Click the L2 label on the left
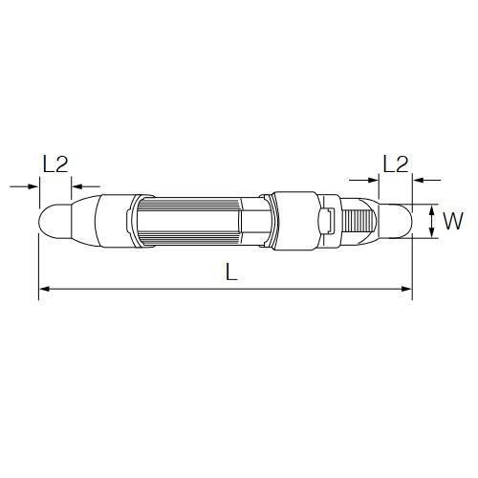pos(55,164)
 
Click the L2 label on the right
pos(396,164)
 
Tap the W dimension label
pos(453,221)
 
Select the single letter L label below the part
pos(231,272)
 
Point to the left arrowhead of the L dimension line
pos(44,289)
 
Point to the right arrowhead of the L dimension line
pos(406,289)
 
